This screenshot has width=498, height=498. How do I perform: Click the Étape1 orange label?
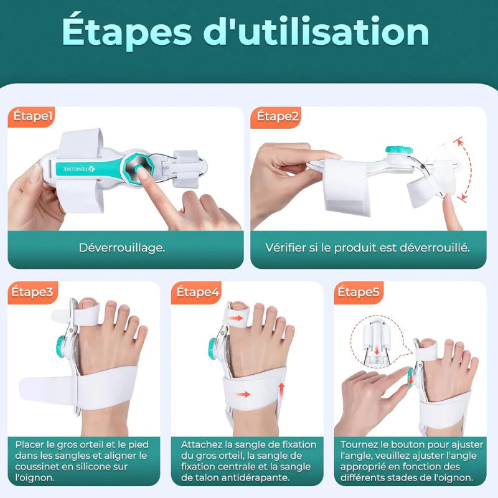(32, 116)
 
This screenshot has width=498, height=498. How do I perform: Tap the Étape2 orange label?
(278, 116)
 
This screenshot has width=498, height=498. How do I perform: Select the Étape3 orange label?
(32, 291)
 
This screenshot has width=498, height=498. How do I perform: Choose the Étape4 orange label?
(198, 291)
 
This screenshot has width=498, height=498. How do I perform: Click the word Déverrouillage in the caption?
(122, 247)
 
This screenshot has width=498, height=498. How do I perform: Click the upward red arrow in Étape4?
(281, 390)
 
